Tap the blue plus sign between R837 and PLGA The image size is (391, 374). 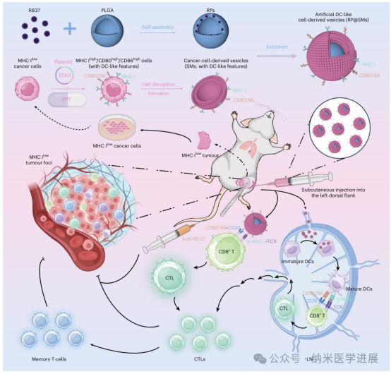pos(70,30)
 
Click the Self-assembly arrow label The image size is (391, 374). pos(155,24)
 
